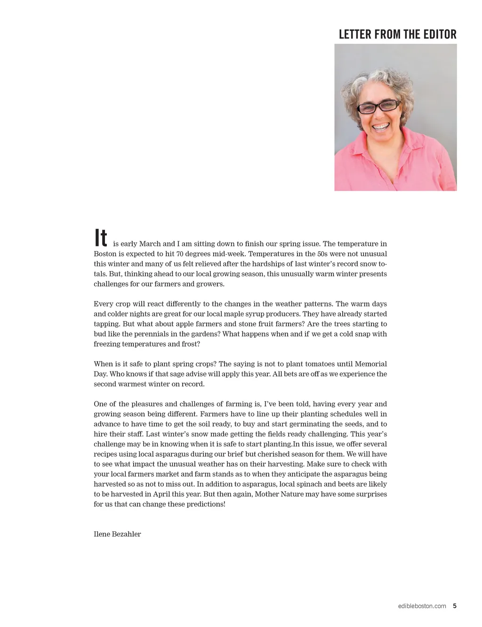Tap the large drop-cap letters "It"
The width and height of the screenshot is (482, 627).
click(x=101, y=238)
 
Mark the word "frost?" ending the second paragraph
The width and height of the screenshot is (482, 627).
click(x=190, y=344)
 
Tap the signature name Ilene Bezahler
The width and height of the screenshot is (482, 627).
click(x=117, y=535)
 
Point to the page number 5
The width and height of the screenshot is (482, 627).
click(x=455, y=606)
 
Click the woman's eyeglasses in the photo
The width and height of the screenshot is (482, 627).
click(x=378, y=107)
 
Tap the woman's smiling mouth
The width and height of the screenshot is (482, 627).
click(x=381, y=126)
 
